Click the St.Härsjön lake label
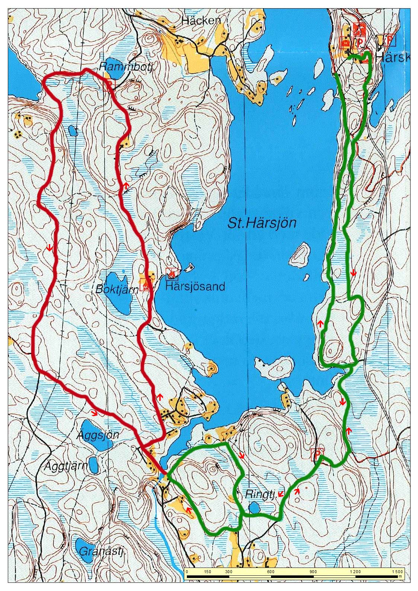tap(261, 223)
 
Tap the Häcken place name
tap(201, 21)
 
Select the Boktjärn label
tap(117, 290)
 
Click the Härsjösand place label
tap(195, 287)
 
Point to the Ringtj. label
tap(261, 495)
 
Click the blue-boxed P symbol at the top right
tap(389, 40)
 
